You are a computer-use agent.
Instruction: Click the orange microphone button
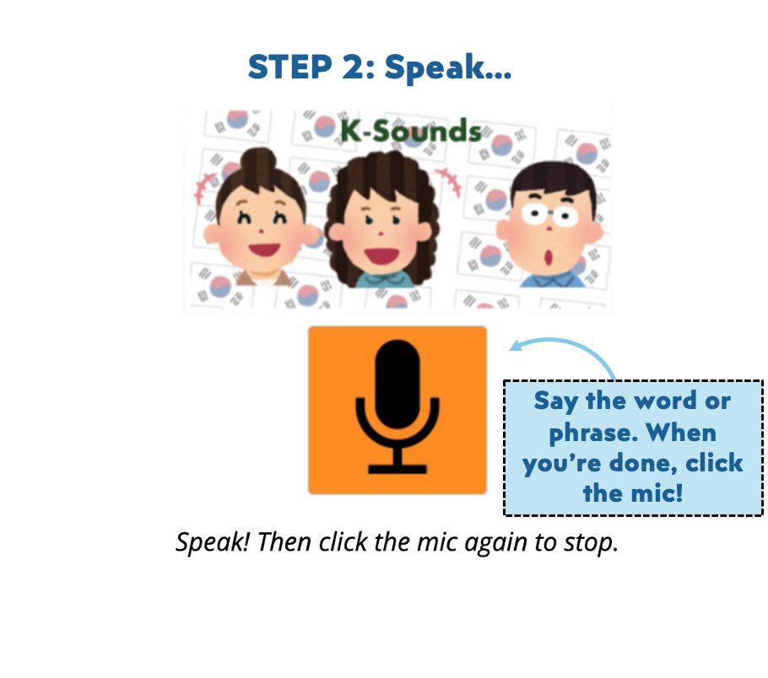(398, 410)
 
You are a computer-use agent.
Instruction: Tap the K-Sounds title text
(411, 131)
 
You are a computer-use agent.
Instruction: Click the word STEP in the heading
(290, 67)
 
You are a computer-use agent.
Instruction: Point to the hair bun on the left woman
(258, 161)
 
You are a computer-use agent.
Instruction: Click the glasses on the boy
(550, 214)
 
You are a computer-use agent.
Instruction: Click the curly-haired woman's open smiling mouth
(382, 256)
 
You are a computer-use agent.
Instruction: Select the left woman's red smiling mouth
(264, 249)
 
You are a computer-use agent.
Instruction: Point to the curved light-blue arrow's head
(514, 346)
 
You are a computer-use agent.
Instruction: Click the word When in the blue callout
(681, 433)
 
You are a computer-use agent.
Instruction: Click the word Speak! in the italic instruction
(213, 542)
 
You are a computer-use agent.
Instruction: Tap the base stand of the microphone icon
(398, 470)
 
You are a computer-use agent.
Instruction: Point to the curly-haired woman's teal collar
(383, 280)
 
